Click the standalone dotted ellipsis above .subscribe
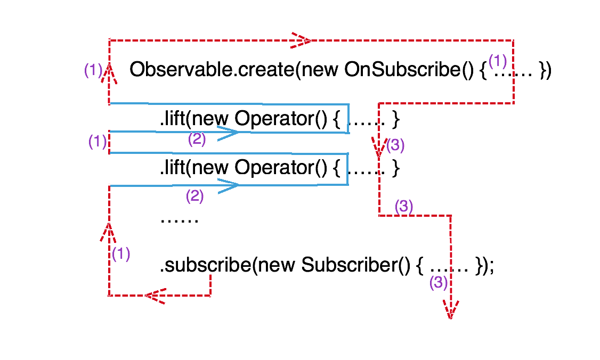[x=179, y=219]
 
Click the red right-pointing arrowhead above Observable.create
[x=301, y=40]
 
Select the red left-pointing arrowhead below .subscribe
[x=155, y=296]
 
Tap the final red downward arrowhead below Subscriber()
[x=450, y=309]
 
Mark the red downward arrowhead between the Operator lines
[x=378, y=148]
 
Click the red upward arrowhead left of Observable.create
[x=109, y=73]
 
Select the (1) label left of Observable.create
[x=93, y=70]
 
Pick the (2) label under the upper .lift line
[x=197, y=140]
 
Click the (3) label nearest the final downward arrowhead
[x=439, y=283]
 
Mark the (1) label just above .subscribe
[x=121, y=254]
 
